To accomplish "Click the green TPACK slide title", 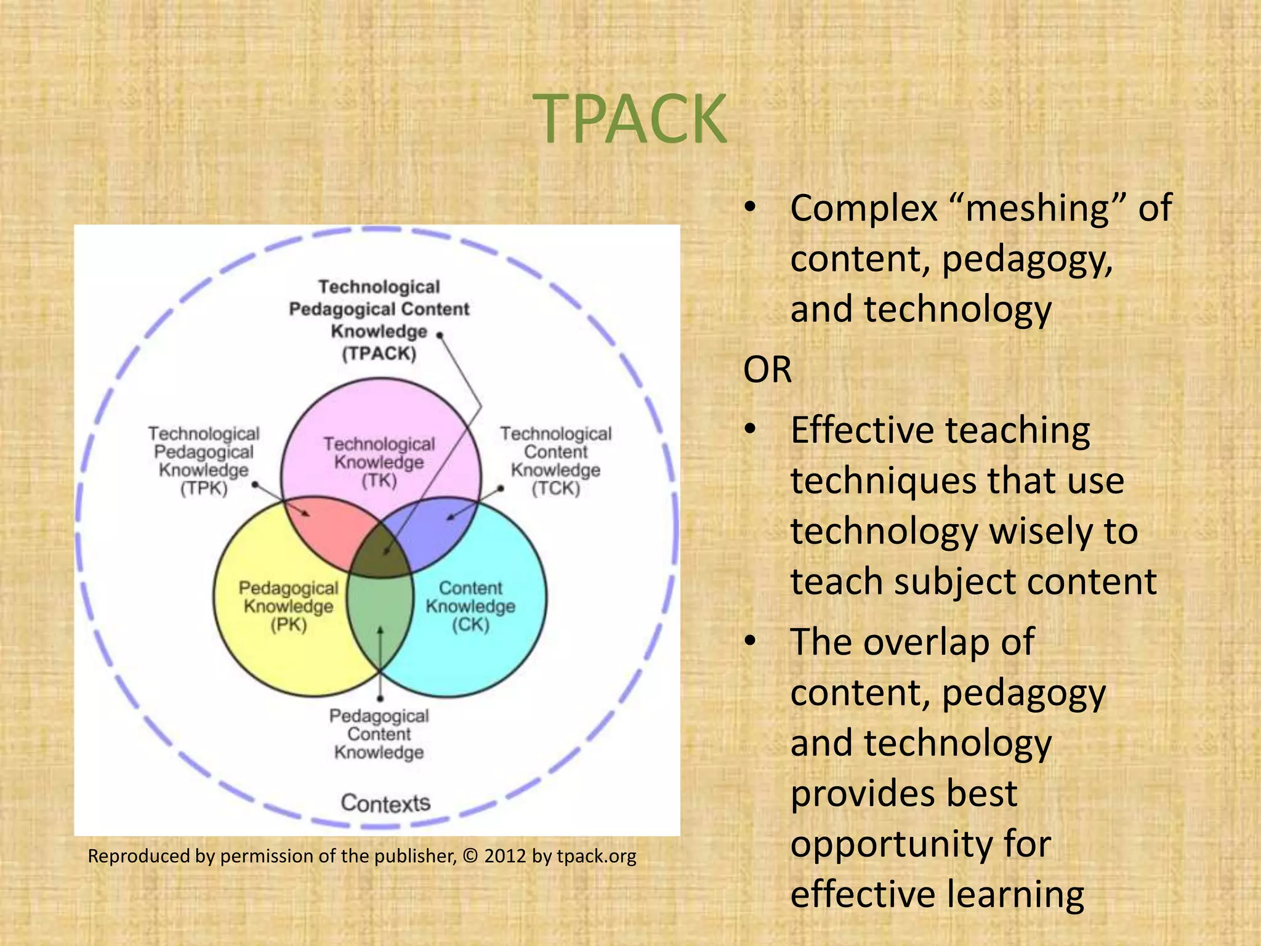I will (630, 119).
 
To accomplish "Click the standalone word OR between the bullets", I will (767, 370).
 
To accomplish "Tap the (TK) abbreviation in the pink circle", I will (379, 481).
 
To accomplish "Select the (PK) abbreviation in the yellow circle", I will (288, 625).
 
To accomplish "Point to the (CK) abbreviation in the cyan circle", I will (470, 625).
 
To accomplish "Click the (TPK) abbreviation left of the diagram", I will (204, 489).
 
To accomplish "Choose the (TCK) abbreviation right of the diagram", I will (555, 489).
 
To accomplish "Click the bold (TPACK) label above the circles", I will (379, 354).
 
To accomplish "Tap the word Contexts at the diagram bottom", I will (385, 803).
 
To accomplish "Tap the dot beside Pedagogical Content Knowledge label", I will (380, 698).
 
